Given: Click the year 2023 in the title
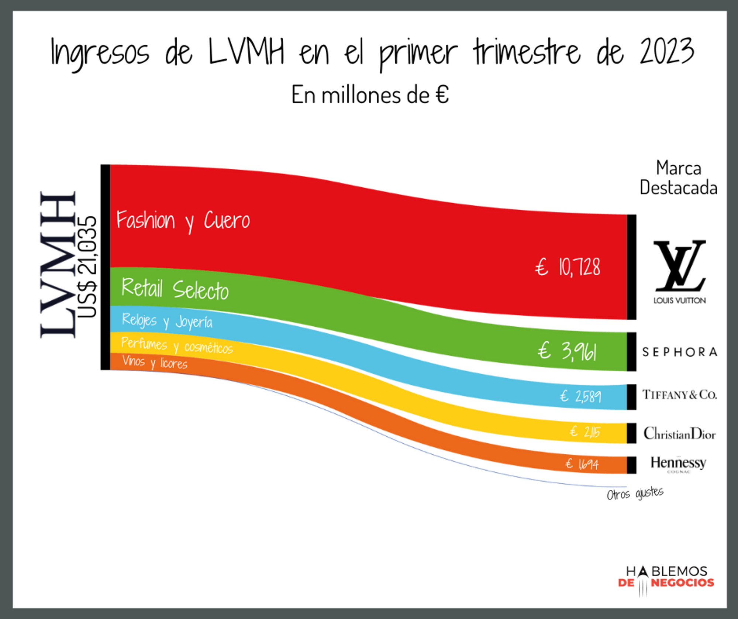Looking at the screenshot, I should click(x=667, y=52).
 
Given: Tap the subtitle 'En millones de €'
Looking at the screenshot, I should click(x=370, y=95).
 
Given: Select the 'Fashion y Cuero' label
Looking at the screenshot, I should click(x=183, y=220).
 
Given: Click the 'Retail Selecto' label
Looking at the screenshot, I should click(x=175, y=289).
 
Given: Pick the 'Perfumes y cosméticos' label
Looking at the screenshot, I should click(x=177, y=345).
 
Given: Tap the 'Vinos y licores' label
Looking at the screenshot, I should click(x=155, y=362).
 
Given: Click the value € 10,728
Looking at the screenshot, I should click(x=568, y=267).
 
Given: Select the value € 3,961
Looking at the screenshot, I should click(x=567, y=351).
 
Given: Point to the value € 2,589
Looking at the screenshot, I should click(x=580, y=396).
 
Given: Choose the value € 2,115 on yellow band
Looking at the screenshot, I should click(x=585, y=431).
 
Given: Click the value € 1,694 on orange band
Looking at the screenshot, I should click(x=582, y=464).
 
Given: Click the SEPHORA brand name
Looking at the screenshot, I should click(x=680, y=352).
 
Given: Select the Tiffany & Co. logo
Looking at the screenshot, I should click(x=680, y=395).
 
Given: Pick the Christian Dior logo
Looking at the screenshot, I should click(x=679, y=433).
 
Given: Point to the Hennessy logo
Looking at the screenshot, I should click(x=678, y=463).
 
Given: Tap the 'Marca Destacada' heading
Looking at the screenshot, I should click(x=678, y=178).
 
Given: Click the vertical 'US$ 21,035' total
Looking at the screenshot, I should click(x=88, y=266).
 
